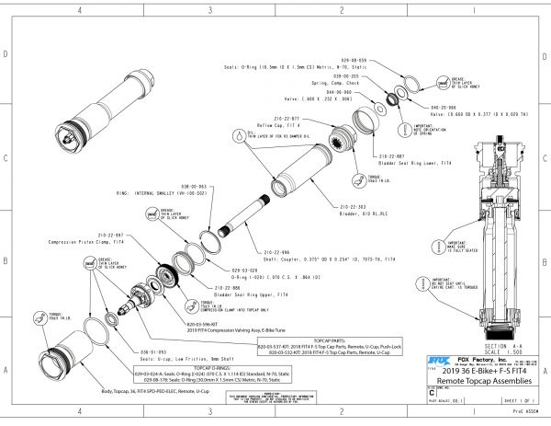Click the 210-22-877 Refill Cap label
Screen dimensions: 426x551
pyautogui.click(x=285, y=119)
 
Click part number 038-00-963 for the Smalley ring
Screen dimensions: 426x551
pyautogui.click(x=200, y=185)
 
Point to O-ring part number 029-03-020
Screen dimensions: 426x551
pyautogui.click(x=228, y=271)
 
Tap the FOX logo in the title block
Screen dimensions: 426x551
pyautogui.click(x=438, y=361)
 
